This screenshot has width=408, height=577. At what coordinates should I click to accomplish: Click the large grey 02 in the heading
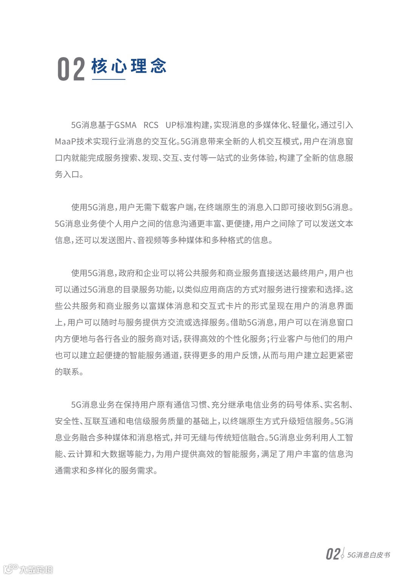pyautogui.click(x=71, y=69)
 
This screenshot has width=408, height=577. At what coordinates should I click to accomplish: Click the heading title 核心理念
pyautogui.click(x=129, y=66)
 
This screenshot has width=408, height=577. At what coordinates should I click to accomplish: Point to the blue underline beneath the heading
pyautogui.click(x=108, y=79)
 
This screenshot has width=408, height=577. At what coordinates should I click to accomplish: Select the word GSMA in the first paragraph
pyautogui.click(x=125, y=125)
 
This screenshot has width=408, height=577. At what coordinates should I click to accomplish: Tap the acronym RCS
pyautogui.click(x=151, y=125)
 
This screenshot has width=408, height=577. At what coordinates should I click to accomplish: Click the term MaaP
pyautogui.click(x=65, y=141)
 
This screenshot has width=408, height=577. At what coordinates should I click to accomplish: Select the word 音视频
pyautogui.click(x=149, y=240)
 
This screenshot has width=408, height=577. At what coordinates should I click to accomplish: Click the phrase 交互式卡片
pyautogui.click(x=222, y=306)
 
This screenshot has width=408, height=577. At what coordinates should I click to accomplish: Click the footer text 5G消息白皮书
pyautogui.click(x=368, y=555)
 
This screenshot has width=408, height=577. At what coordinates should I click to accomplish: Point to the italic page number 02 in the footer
pyautogui.click(x=333, y=554)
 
